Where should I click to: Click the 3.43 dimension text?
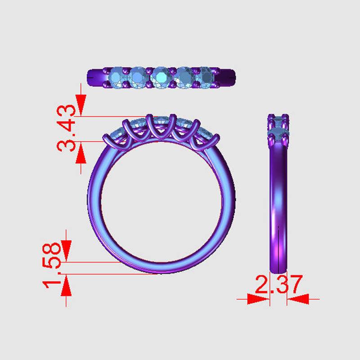click(66, 128)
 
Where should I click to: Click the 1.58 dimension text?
click(52, 265)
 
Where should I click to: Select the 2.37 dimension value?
click(279, 284)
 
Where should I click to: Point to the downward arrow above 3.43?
click(81, 105)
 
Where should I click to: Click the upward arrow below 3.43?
click(81, 153)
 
